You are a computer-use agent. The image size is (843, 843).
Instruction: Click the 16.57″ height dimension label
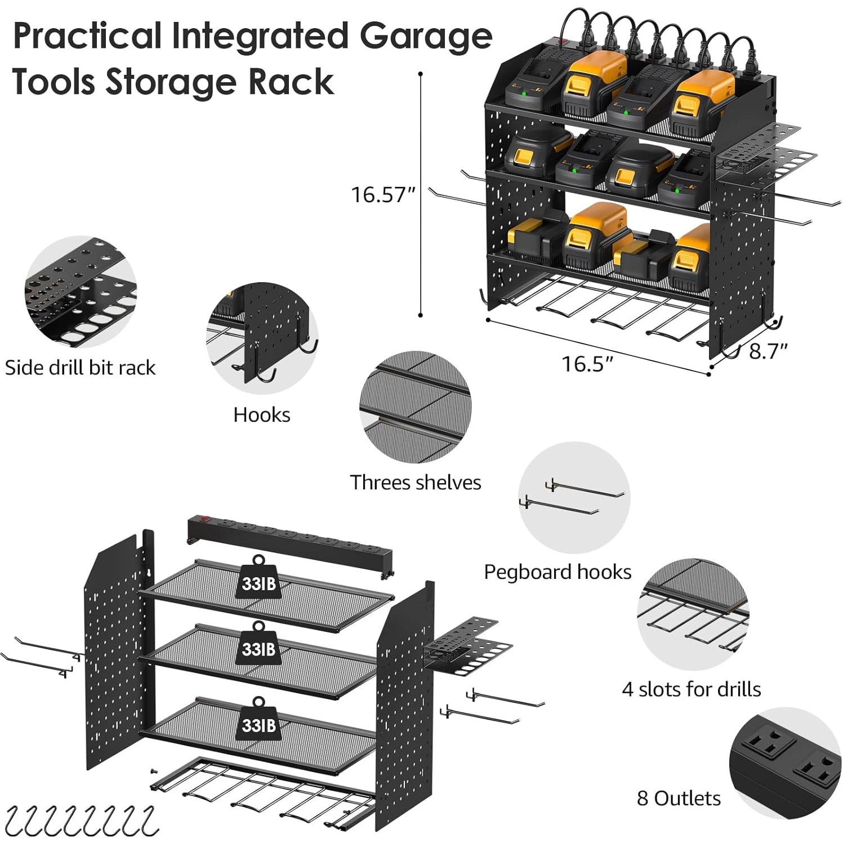coord(382,195)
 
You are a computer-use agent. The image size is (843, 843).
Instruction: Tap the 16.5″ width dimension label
coord(587,364)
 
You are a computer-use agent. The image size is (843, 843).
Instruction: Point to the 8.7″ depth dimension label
coord(768,351)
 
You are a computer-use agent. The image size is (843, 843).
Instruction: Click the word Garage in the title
coord(426,36)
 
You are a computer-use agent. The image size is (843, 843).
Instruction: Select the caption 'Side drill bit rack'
coord(80,368)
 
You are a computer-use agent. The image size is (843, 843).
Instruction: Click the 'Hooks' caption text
coord(262,415)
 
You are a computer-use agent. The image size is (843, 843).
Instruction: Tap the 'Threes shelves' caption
coord(415,483)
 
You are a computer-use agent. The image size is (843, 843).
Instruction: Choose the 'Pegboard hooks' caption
coord(557,572)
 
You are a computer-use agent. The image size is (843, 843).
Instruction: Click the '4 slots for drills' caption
coord(691,689)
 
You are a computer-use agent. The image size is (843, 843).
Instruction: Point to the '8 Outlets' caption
coord(679,799)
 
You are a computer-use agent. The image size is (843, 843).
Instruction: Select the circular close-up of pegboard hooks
coord(574,498)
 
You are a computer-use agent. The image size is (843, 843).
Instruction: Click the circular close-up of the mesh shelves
coord(415,407)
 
